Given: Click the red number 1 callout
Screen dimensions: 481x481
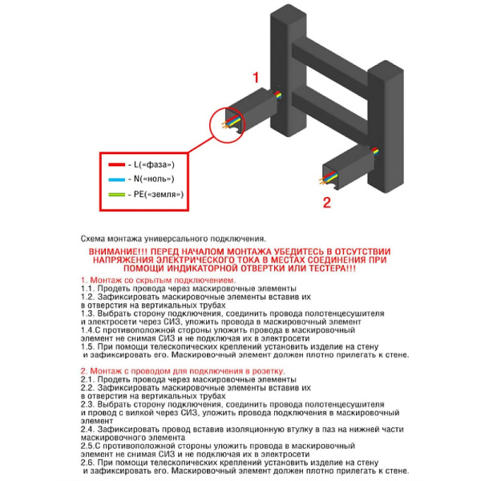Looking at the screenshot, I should coord(257,78).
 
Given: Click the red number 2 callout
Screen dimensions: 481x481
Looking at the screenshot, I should coord(326,202).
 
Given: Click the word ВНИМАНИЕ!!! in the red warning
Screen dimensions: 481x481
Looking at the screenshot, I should coord(115,251).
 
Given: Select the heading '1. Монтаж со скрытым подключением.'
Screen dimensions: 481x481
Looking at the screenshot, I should coord(158,281).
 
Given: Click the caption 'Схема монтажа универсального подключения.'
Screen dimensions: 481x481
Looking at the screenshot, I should coord(172,239).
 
